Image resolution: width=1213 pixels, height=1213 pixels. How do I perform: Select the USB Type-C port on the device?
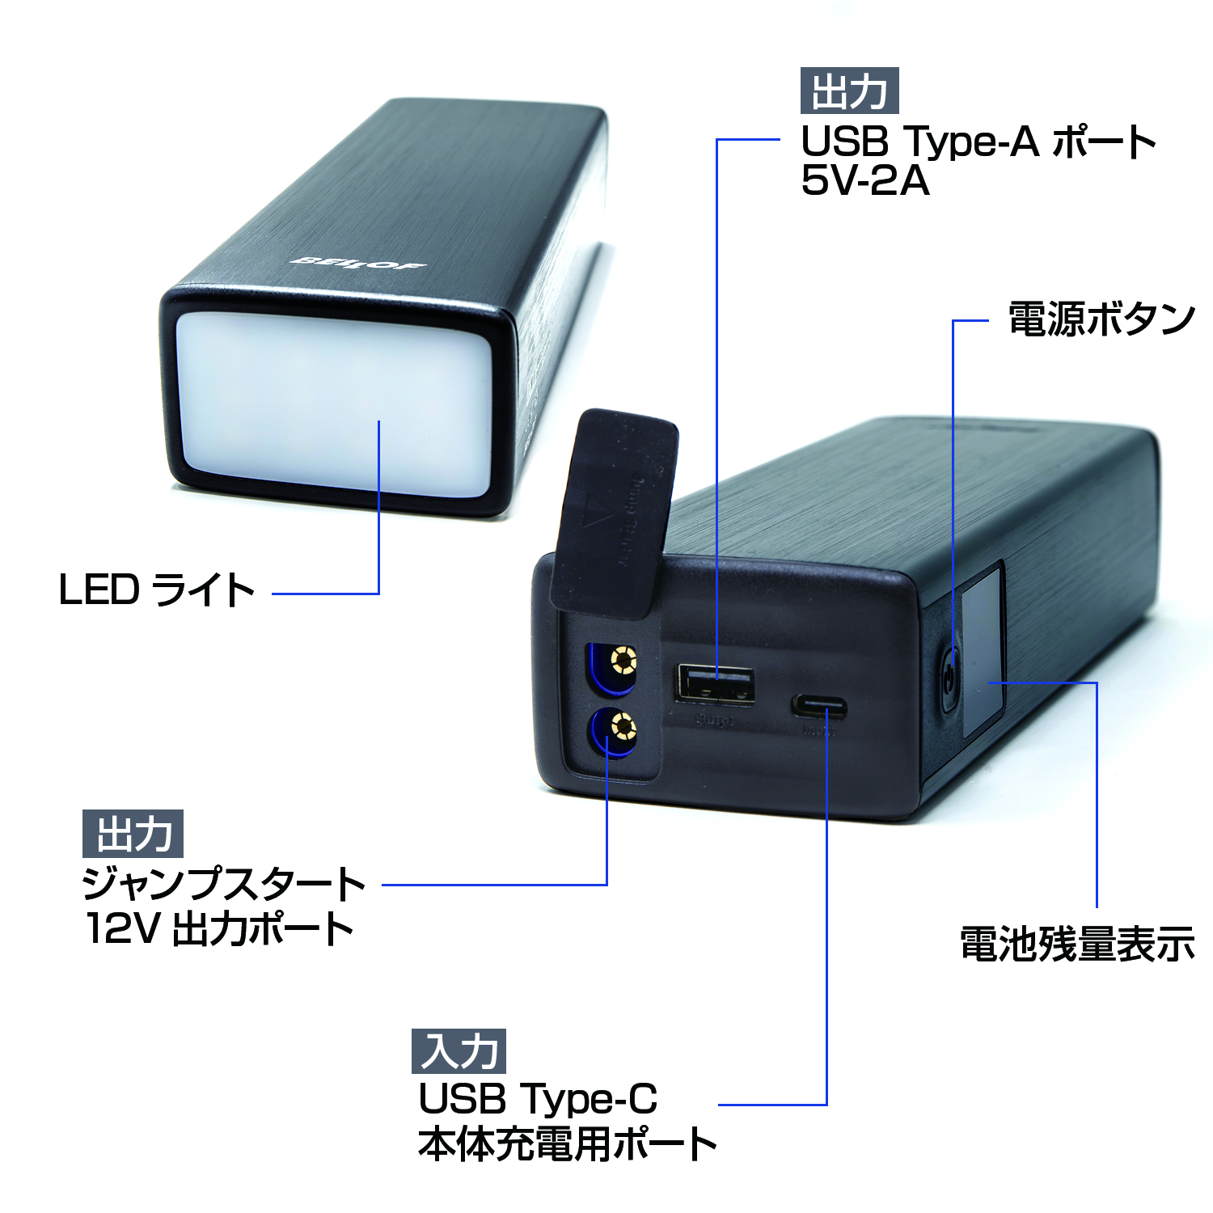point(819,708)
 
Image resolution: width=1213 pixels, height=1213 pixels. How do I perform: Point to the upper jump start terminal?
point(623,661)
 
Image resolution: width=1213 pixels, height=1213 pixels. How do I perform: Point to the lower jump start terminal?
point(623,727)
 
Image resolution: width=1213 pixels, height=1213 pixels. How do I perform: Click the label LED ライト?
point(157,590)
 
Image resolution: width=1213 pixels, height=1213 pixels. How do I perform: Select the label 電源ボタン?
point(1101,319)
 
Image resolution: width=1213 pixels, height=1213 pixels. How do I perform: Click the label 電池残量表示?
point(1077,944)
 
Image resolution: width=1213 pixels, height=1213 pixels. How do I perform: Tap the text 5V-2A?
point(864,180)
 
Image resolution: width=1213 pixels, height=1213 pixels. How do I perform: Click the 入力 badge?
point(459,1051)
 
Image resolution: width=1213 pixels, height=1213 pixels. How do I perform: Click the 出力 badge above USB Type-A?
point(849,91)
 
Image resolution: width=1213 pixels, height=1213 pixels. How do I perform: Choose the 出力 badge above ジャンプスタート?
point(133,834)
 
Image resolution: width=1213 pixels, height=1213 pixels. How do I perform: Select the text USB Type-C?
point(538,1099)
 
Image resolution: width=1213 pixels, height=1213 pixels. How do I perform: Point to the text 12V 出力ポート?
point(219,928)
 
